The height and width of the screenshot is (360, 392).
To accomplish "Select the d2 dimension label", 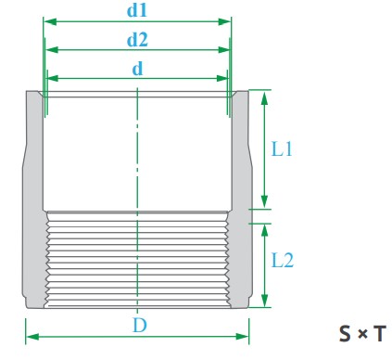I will [137, 39].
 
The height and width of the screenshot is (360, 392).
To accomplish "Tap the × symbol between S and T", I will [360, 332].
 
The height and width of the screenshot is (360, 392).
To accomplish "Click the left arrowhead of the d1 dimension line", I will [47, 21].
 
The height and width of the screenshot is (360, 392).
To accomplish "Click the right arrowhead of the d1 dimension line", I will [226, 21].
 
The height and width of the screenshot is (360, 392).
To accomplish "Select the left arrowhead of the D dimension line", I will [29, 336].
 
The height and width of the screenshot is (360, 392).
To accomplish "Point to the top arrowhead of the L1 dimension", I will [265, 95].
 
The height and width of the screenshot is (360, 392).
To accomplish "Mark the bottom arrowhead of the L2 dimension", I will [265, 302].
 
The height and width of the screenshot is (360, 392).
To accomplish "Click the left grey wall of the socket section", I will [34, 148].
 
